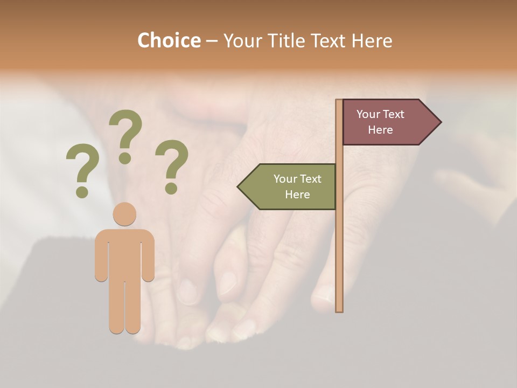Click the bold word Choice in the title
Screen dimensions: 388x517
click(169, 40)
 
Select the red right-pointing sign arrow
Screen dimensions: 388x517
click(388, 122)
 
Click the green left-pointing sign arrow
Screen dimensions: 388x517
click(291, 186)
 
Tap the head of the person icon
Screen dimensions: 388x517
click(124, 214)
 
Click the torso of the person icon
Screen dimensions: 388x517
click(124, 253)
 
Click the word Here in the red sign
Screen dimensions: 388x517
click(380, 130)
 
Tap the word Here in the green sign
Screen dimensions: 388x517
click(297, 195)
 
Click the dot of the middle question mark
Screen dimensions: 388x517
click(125, 158)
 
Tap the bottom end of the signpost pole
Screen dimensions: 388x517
click(339, 309)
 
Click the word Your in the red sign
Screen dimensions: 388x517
click(368, 114)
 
